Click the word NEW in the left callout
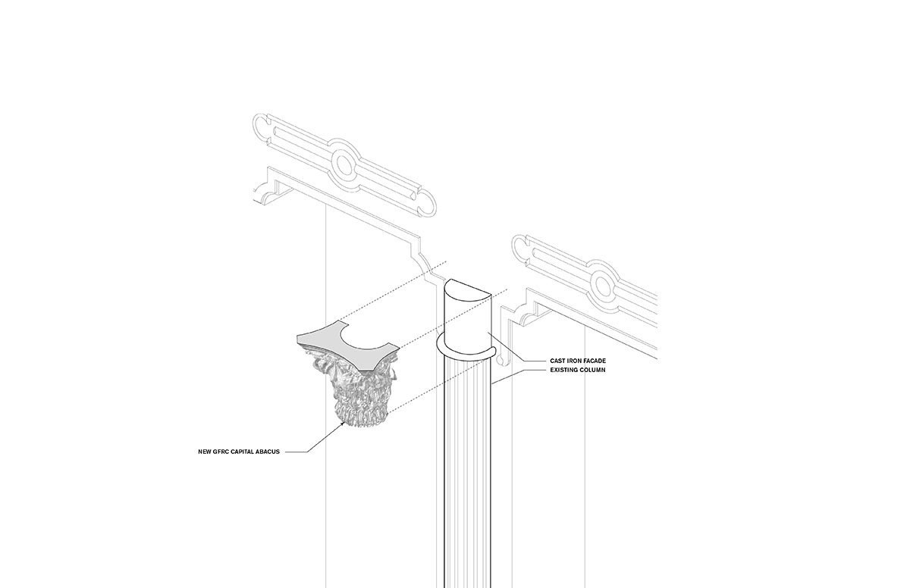point(203,452)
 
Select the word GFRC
point(221,452)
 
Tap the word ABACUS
point(269,452)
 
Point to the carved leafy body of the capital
point(356,394)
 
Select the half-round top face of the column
point(468,289)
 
